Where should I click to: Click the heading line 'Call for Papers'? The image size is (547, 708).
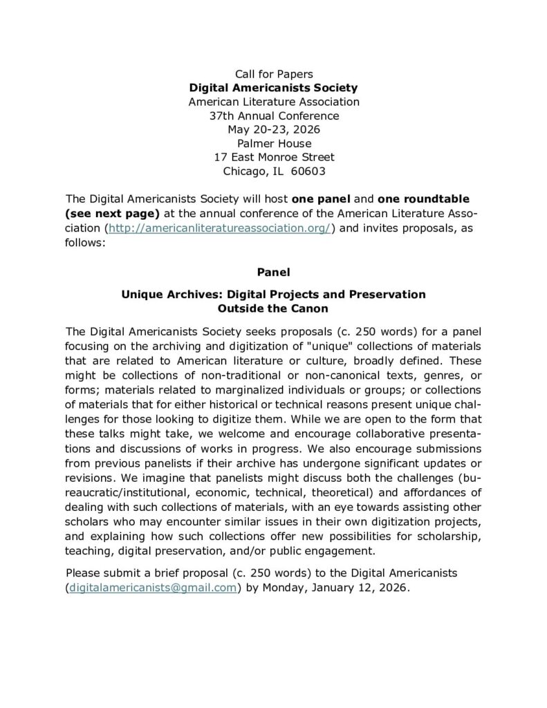click(274, 73)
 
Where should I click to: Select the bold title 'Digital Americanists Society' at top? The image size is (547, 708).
click(274, 88)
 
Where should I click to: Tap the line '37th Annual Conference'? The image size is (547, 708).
click(274, 115)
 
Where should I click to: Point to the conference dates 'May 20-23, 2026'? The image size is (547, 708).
click(274, 129)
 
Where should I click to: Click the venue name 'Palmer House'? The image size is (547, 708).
click(274, 144)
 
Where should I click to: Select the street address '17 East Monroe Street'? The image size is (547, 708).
click(274, 158)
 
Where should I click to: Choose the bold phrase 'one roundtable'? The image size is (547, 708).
click(416, 199)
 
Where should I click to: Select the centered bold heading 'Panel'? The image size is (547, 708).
click(274, 272)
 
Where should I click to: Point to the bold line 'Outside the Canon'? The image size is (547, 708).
click(274, 308)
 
